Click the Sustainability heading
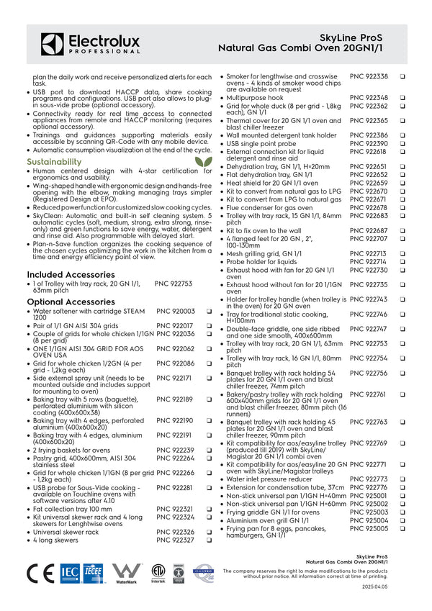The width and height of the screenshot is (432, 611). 54,162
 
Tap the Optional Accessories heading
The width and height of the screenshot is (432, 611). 71,302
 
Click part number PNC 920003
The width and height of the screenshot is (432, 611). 176,311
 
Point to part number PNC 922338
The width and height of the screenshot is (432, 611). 369,76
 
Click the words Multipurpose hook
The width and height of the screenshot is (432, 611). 255,98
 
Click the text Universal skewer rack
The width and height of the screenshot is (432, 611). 66,531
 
